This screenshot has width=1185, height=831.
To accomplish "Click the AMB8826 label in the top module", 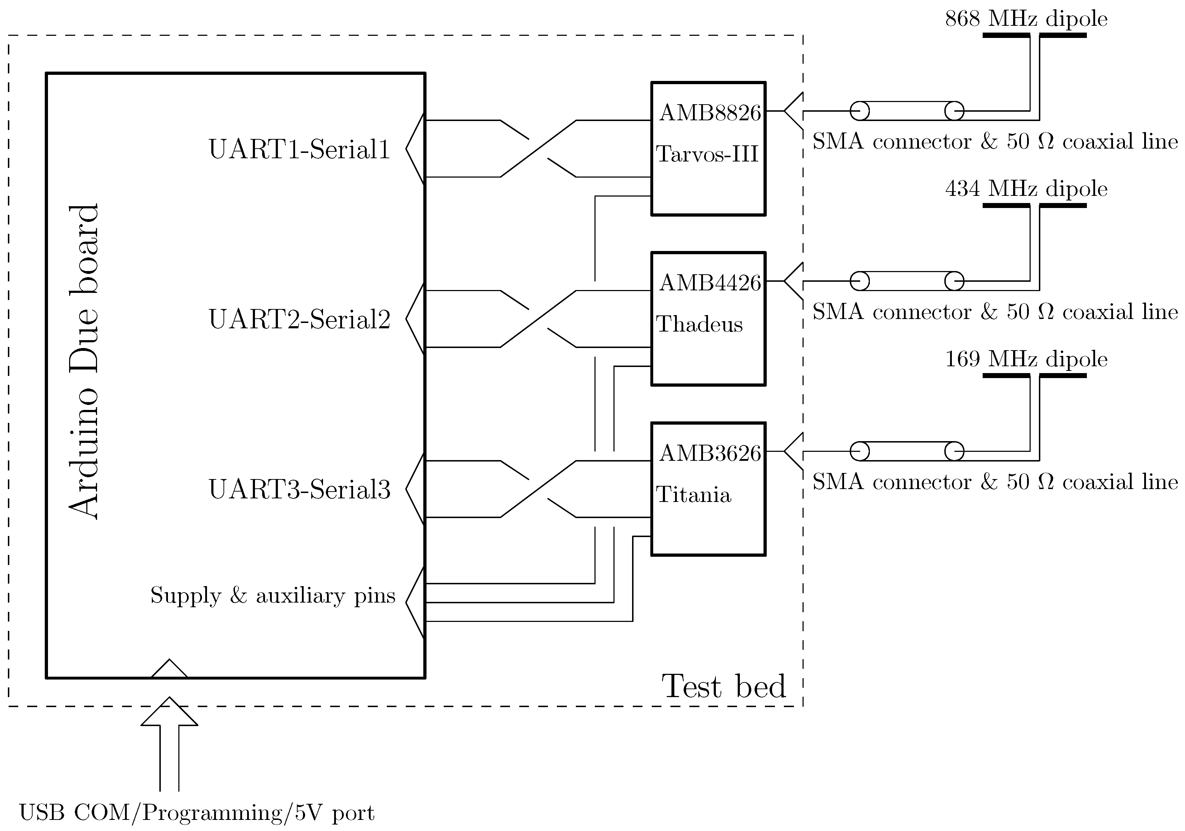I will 710,113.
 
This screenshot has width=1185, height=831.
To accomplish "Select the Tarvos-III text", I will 707,154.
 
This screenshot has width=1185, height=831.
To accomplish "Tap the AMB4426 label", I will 710,283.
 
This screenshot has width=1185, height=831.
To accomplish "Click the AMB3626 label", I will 710,453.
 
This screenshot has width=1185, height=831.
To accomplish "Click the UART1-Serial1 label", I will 299,150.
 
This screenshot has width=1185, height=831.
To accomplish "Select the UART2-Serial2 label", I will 299,319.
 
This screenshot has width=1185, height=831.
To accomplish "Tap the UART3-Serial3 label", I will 299,489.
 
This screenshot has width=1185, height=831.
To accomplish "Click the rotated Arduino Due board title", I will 83,361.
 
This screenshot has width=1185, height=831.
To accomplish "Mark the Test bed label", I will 724,686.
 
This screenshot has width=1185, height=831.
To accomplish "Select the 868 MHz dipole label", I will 1026,19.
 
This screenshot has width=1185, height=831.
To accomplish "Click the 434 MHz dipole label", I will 1026,189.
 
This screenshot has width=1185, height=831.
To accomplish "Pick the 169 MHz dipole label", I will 1026,359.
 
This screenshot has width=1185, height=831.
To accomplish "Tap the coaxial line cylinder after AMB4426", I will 907,281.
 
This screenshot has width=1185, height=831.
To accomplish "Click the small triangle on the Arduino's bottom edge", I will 169,670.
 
